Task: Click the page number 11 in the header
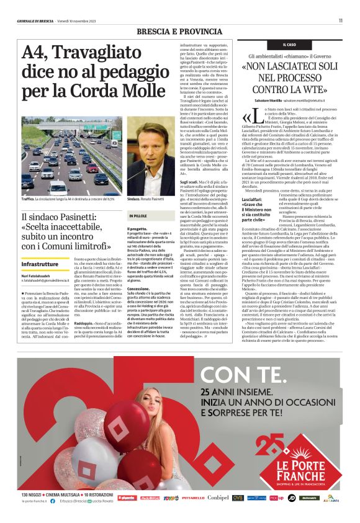[x=341, y=20]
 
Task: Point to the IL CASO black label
[x=289, y=45]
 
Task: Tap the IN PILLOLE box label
[x=139, y=216]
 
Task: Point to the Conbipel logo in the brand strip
[x=218, y=498]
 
